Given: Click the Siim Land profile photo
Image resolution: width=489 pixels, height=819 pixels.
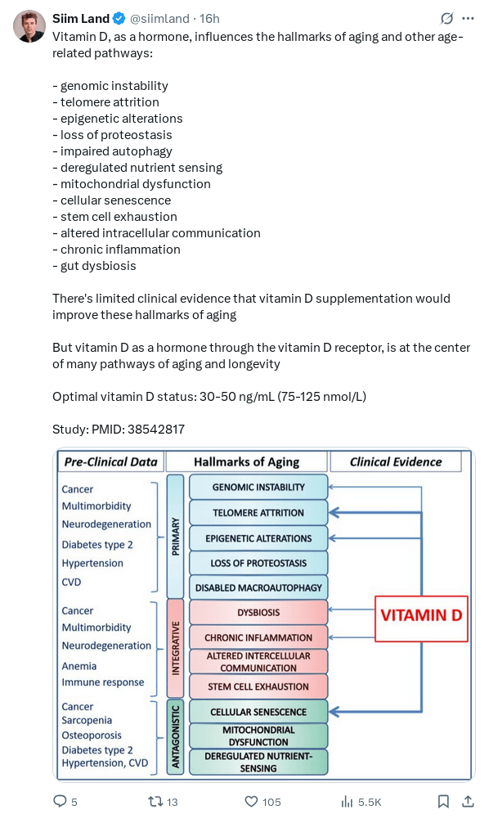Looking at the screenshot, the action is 29,26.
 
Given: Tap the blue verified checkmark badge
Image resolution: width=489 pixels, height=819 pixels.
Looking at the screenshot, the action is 119,19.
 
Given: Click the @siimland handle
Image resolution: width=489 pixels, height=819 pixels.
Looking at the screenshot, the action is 159,19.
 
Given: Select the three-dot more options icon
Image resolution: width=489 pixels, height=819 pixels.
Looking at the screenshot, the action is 468,19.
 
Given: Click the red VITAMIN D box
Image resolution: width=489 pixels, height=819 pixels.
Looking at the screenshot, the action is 421,619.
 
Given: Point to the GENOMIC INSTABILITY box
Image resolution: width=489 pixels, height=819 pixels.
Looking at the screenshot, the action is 258,487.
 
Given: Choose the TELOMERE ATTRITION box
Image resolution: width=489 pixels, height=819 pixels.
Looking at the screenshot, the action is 258,512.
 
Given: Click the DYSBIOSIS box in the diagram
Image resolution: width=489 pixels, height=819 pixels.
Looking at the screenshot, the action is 258,612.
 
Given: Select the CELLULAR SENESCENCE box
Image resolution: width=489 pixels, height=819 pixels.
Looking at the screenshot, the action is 258,712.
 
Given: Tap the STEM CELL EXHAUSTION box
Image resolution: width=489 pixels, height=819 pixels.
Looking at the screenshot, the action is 258,686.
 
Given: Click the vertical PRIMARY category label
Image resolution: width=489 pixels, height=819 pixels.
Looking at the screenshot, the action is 175,536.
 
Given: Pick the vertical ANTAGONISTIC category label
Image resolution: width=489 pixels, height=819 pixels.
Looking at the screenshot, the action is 175,736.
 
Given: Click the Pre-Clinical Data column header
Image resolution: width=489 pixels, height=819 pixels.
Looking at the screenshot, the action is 110,461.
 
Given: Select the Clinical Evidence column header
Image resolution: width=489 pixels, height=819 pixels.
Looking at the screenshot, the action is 396,461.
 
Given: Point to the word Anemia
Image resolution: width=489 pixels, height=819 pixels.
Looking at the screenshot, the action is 79,666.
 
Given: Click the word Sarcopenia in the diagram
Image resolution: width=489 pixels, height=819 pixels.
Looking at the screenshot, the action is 87,720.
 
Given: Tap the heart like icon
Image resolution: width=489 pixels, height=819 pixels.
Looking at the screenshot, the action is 252,801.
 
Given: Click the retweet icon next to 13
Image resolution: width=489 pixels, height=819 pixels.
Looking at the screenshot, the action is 155,801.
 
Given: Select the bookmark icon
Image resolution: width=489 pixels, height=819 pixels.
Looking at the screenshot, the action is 443,801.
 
